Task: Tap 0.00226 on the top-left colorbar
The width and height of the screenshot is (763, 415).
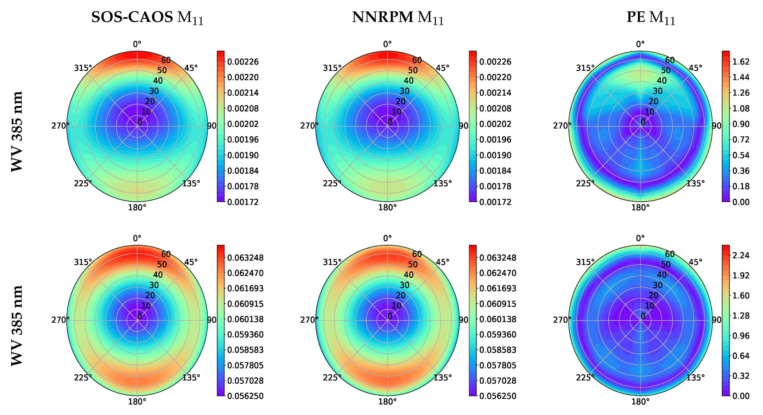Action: click(x=243, y=62)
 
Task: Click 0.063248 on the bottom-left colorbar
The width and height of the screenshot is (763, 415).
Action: click(x=245, y=258)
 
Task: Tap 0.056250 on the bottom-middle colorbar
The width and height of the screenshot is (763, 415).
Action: click(x=498, y=396)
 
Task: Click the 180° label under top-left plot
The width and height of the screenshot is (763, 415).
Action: click(x=137, y=207)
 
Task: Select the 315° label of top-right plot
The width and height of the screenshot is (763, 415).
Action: click(x=585, y=68)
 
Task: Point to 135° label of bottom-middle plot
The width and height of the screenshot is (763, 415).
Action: click(x=442, y=378)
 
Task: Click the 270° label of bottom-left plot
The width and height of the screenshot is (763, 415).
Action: click(x=60, y=320)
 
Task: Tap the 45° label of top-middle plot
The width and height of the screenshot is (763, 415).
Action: click(x=442, y=68)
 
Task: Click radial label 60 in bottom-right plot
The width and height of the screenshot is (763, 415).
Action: click(x=670, y=254)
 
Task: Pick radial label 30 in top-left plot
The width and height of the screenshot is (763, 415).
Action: click(x=154, y=91)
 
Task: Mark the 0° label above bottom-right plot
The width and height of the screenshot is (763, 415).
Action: click(x=640, y=238)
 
